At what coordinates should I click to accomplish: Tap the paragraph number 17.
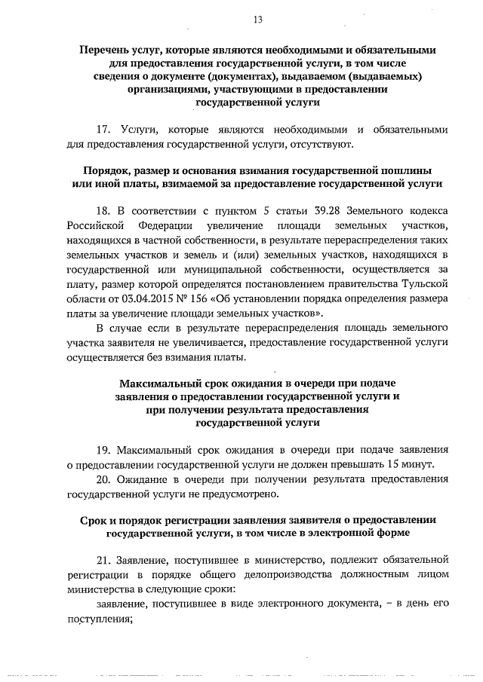[105, 129]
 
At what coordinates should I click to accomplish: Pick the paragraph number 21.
[105, 561]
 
